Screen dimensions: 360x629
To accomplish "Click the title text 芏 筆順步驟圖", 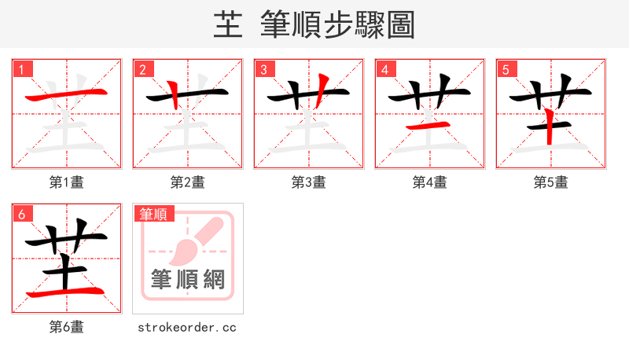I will coord(314,25).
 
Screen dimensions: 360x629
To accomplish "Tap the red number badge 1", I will coord(21,69).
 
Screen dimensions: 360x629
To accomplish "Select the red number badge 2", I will coord(142,69).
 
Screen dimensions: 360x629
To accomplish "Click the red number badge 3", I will coord(263,69).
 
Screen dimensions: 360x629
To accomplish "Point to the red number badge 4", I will coord(384,69).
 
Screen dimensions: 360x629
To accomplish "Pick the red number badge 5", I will coord(506,69).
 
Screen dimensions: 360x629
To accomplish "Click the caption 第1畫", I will coord(67,182).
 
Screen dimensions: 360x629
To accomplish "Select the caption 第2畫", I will coord(188,182).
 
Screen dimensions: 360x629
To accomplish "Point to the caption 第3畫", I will coord(309,182).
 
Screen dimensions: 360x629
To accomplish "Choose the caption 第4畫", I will coord(430,182).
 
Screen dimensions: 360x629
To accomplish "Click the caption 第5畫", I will coord(551,182).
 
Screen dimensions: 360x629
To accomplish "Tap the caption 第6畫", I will coord(67,327).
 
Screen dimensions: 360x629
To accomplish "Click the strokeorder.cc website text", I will coord(187,327).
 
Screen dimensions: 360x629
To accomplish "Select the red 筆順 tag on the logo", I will coord(153,214).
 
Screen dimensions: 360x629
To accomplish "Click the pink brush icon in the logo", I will coord(191,244).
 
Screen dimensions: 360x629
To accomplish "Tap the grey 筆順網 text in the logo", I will coord(188,281).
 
